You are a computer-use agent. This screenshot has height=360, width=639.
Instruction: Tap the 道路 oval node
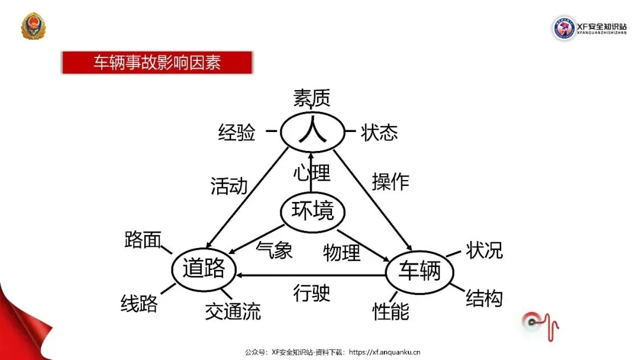tap(204, 269)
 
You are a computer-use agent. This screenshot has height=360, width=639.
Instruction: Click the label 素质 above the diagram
tap(311, 98)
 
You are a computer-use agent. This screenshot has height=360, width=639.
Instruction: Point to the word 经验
tap(237, 133)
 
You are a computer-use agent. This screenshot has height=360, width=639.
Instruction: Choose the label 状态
tap(379, 133)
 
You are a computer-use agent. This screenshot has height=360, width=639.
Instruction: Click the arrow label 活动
tap(229, 186)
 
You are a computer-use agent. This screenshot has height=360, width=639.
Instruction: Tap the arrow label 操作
tap(390, 181)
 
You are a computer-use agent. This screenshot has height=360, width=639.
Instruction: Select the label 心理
tap(312, 173)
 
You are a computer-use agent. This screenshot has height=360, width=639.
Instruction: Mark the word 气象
tap(275, 250)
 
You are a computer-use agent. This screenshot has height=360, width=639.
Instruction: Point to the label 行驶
tap(312, 293)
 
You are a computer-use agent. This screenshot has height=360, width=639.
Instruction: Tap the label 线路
tap(139, 304)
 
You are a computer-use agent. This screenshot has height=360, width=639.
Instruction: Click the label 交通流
tap(233, 311)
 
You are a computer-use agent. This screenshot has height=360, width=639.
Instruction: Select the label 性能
tap(390, 311)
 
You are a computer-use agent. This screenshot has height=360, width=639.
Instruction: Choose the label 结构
tap(484, 298)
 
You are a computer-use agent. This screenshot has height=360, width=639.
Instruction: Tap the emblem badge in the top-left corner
tap(33, 27)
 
